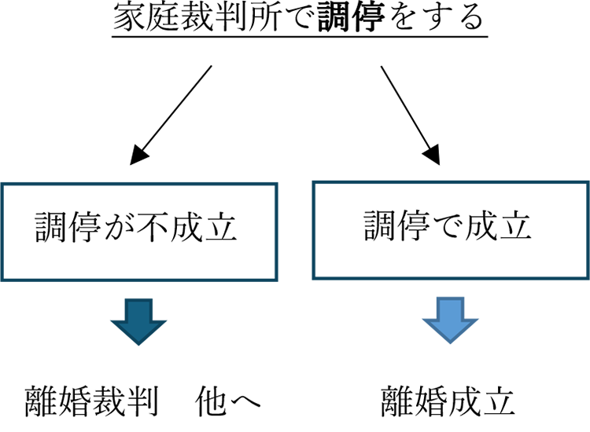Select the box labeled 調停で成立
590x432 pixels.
451,229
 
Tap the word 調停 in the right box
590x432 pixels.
398,228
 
